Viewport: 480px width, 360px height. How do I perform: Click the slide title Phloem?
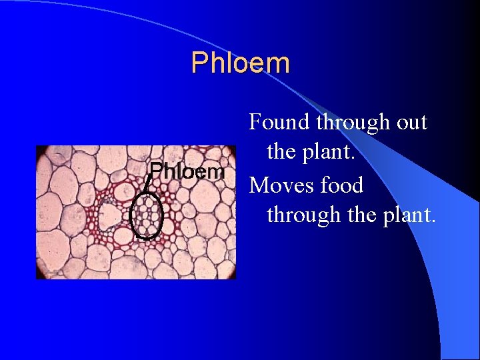click(240, 63)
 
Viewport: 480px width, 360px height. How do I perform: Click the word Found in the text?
click(279, 122)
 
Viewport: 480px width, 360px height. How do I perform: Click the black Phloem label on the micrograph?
click(186, 172)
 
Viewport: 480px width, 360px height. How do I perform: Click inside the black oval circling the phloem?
click(146, 216)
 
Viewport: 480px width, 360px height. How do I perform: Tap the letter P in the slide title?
click(199, 63)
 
